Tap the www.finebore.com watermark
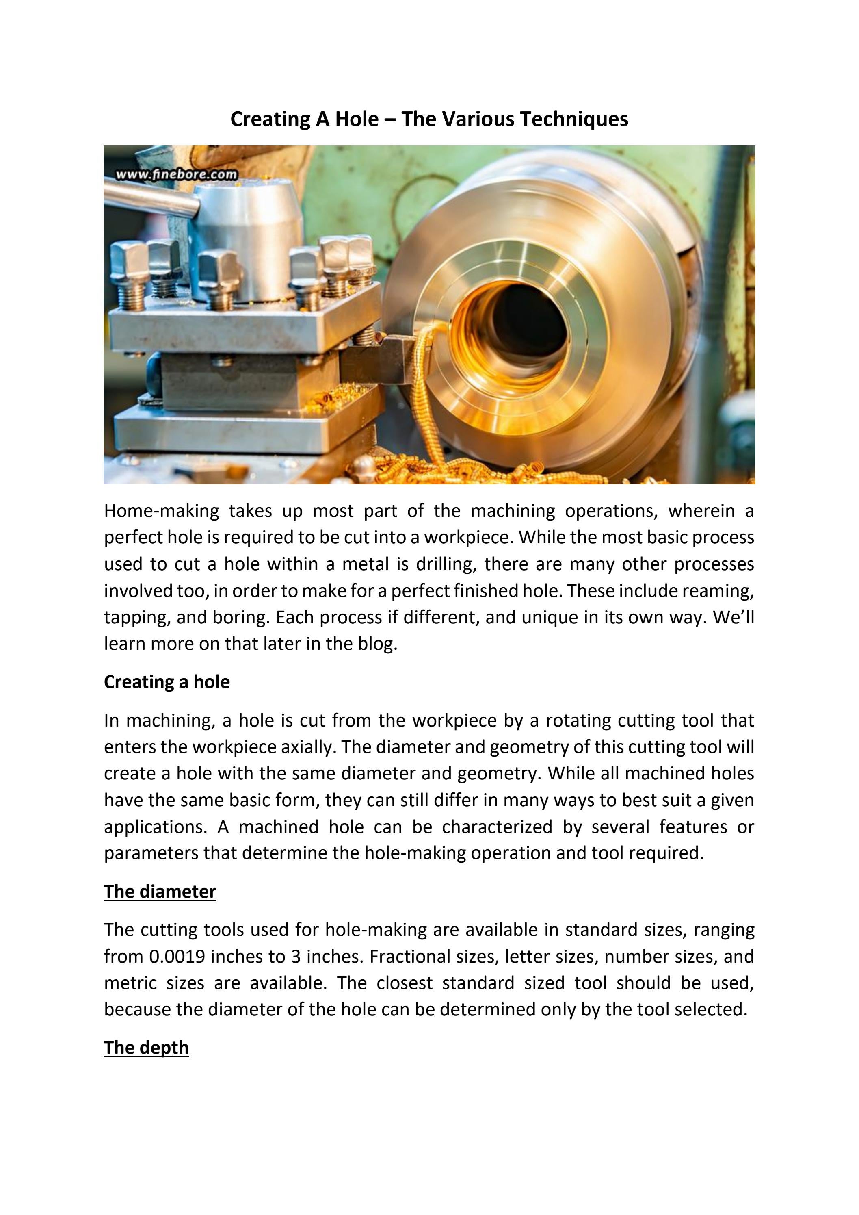point(176,174)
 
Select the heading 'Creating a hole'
point(167,682)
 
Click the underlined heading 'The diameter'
point(160,892)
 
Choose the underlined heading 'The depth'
point(146,1048)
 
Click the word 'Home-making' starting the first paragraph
point(161,511)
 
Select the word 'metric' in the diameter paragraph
point(130,983)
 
